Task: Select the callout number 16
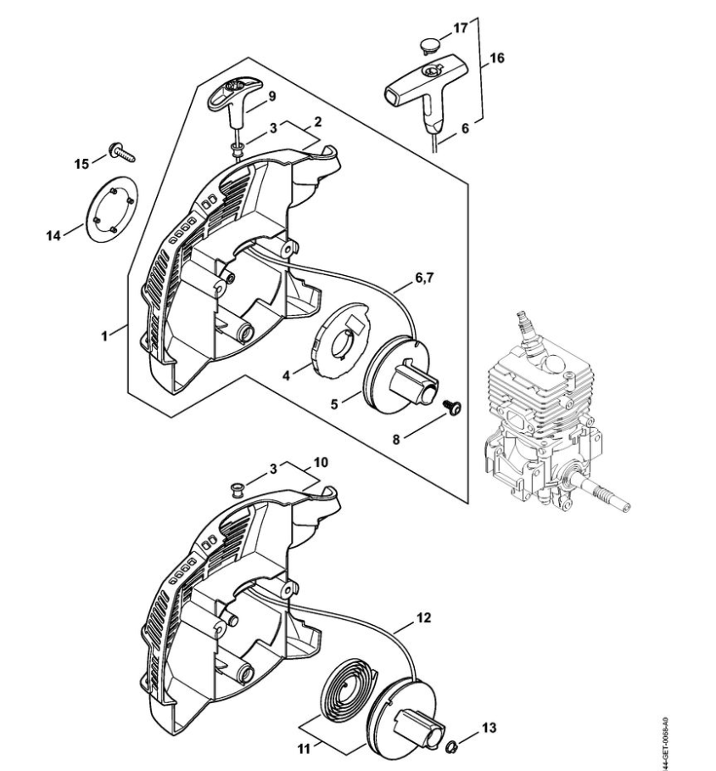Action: (x=498, y=58)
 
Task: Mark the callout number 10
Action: (x=319, y=463)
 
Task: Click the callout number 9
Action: (x=273, y=96)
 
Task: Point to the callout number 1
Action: (x=105, y=335)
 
